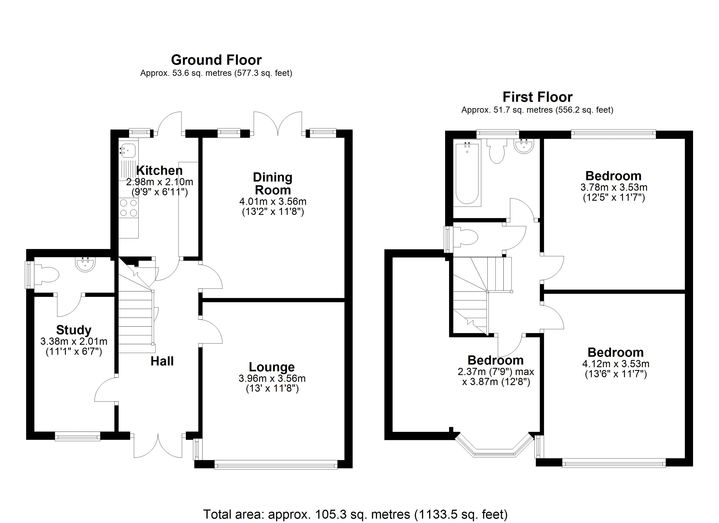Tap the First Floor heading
click(538, 97)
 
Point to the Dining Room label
click(273, 184)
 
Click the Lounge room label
click(272, 367)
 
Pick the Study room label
click(74, 330)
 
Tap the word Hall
click(162, 361)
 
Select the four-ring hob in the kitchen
click(128, 208)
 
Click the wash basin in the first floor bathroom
click(524, 146)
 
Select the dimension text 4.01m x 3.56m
click(273, 201)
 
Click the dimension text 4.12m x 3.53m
click(616, 364)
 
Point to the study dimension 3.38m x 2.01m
click(74, 341)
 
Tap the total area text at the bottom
click(355, 514)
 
